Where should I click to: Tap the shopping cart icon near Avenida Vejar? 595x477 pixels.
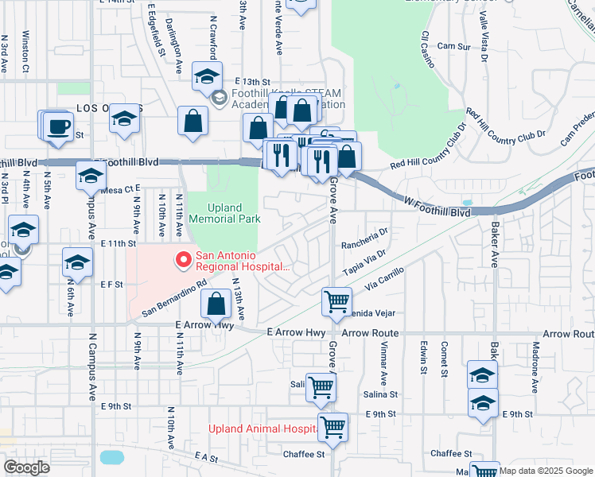336,301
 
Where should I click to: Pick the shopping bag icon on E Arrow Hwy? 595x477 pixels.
216,304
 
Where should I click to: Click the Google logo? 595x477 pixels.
26,467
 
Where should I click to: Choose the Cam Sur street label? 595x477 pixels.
454,47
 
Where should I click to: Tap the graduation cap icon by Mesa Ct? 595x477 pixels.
91,176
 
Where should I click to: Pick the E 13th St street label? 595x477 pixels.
253,82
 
